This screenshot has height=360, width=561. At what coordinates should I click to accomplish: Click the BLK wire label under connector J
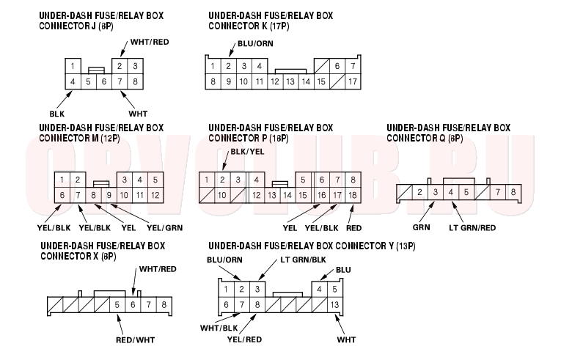pos(57,114)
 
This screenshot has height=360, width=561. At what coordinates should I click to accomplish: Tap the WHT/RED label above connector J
pos(150,42)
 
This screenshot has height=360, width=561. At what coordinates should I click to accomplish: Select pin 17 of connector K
pos(353,81)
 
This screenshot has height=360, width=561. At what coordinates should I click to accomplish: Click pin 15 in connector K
pos(321,81)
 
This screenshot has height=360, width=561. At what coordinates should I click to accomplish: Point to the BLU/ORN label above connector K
pos(255,44)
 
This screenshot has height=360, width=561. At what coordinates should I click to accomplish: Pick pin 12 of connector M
pos(155,195)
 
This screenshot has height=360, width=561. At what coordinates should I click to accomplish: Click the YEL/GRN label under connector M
pos(164,227)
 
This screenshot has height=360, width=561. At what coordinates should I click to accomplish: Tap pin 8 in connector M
pos(93,195)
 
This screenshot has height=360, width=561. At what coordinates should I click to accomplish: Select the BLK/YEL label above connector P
pos(248,152)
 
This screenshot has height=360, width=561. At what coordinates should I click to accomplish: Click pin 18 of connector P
pos(353,195)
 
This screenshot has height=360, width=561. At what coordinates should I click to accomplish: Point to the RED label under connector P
pos(354,228)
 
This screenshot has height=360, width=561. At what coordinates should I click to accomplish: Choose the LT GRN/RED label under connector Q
pos(472,227)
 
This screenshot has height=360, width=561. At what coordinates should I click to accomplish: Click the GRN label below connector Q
pos(422,227)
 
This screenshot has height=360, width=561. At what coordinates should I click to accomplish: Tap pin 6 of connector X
pos(133,305)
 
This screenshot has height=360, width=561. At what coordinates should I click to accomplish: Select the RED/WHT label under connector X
pos(135,340)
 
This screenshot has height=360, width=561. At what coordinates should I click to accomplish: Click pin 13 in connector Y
pos(334,305)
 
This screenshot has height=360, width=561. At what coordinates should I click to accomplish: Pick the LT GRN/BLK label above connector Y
pos(303,260)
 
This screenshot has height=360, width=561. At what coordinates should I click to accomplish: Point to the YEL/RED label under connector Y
pos(244,339)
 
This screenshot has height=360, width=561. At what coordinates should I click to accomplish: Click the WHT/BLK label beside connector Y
pos(219,328)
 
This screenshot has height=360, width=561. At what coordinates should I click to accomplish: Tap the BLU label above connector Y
pos(343,270)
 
